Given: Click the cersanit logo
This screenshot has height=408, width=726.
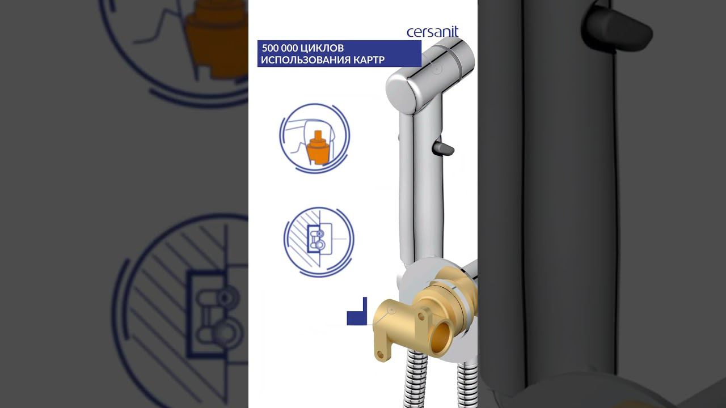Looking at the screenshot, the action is pos(432,32).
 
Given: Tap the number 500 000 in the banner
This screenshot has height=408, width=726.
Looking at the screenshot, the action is pos(280,48).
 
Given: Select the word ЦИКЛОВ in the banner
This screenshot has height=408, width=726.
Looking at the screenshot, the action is pos(322,49).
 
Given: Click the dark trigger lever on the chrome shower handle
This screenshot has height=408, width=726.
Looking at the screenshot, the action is pos(443,148).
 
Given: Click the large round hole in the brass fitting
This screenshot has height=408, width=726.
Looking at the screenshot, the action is pos(441,337).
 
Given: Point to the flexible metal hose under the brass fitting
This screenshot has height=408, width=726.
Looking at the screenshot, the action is pos(416,379).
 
